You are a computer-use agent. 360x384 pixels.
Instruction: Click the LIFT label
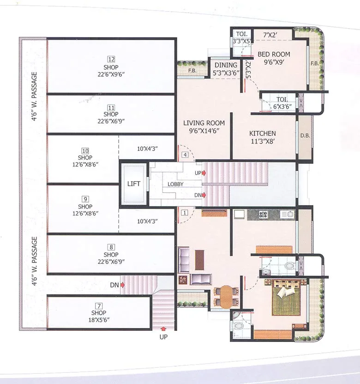point(134,184)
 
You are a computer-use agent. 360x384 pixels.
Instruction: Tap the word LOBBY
point(175,184)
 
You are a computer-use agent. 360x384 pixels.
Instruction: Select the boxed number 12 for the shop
point(111,59)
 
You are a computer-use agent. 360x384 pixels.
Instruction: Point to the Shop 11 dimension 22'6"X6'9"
point(111,121)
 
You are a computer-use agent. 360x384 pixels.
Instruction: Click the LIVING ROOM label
point(204,123)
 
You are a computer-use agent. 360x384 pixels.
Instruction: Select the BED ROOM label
point(274,54)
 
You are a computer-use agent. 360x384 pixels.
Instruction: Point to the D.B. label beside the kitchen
point(305,136)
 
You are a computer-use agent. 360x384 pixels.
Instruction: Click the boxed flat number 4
point(185,155)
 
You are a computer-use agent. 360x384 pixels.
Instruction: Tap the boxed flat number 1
point(185,213)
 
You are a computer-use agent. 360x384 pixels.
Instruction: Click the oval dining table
point(226,296)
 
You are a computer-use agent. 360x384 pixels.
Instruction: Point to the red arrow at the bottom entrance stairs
point(163,329)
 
